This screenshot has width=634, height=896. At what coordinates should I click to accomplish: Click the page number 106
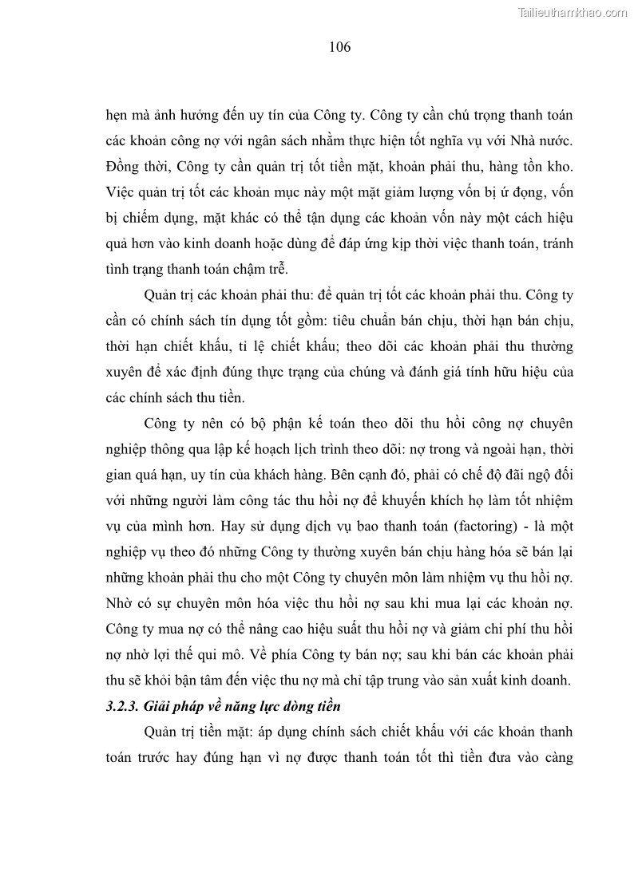point(339,47)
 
